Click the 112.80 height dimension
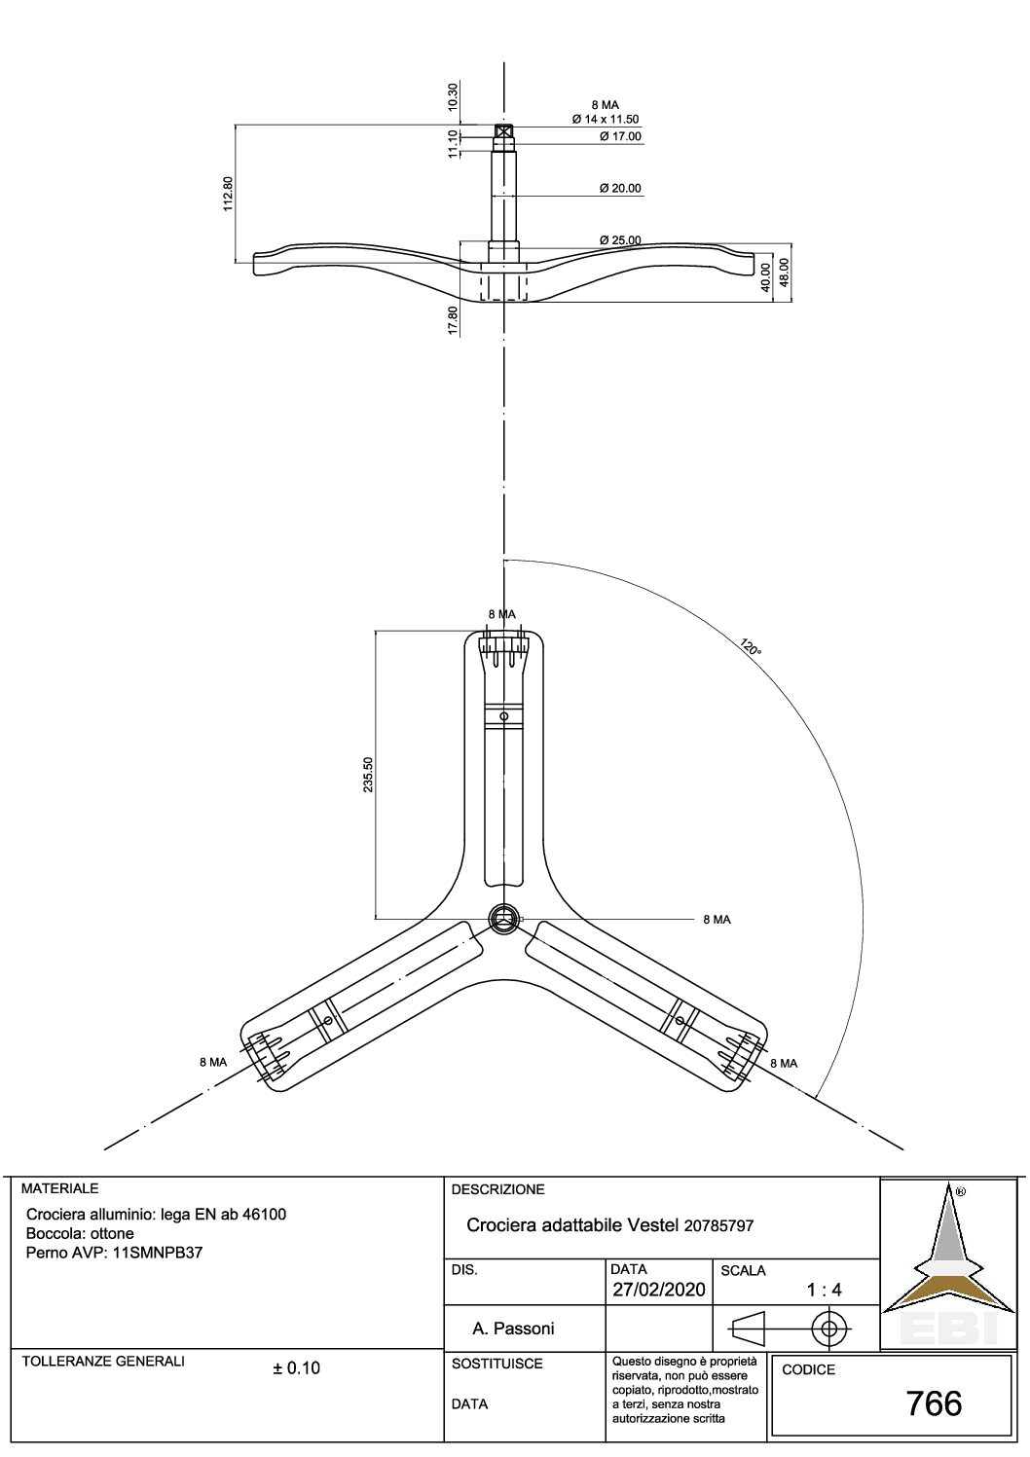[228, 193]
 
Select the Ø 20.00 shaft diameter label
[620, 189]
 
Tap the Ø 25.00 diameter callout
[620, 240]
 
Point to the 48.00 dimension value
[784, 273]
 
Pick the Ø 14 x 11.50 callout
[606, 120]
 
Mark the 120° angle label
[750, 647]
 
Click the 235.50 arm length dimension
[368, 774]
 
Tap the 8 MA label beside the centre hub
[717, 920]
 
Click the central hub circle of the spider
[504, 919]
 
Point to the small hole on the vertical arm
[503, 716]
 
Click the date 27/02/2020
[658, 1290]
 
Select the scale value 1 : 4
[824, 1290]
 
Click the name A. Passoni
[513, 1329]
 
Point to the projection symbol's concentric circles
[828, 1328]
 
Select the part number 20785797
[718, 1226]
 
